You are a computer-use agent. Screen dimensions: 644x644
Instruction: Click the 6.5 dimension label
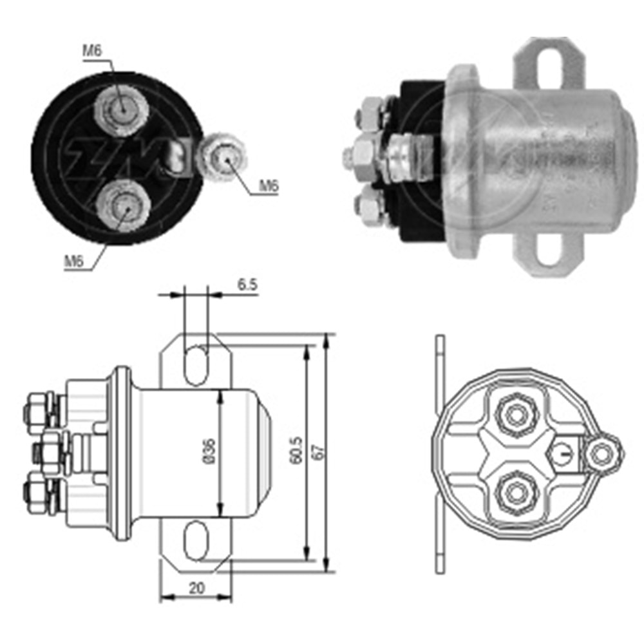click(247, 285)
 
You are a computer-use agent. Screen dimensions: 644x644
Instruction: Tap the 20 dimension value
click(196, 589)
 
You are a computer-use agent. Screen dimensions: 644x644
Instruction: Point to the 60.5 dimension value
click(296, 451)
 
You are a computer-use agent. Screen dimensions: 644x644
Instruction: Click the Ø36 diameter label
click(209, 451)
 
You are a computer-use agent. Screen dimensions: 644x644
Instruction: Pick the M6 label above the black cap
click(92, 51)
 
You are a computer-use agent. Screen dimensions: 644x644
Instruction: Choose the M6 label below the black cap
click(74, 261)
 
